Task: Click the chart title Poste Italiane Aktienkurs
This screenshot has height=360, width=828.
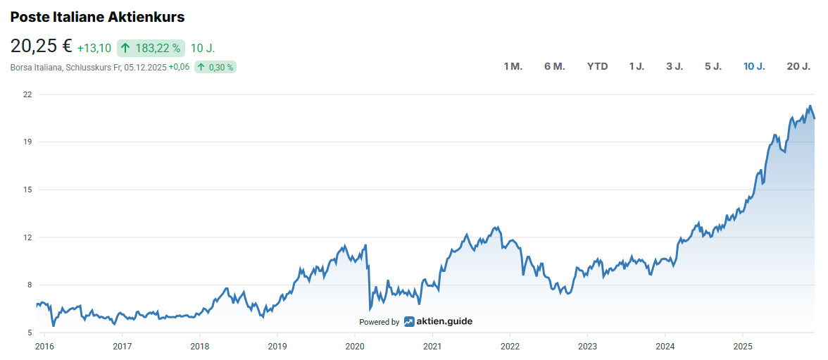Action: tap(97, 16)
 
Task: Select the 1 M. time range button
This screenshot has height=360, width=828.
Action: tap(513, 66)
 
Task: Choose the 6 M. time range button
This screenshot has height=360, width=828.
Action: tap(554, 66)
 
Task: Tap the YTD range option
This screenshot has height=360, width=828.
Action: tap(597, 66)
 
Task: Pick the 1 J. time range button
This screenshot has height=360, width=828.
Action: tap(636, 66)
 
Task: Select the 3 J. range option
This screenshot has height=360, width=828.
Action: tap(675, 66)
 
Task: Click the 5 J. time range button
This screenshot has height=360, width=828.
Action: tap(713, 66)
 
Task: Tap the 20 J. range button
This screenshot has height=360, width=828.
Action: tap(798, 66)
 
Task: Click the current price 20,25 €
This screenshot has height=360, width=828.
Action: tap(41, 46)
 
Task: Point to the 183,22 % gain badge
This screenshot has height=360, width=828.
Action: tap(151, 48)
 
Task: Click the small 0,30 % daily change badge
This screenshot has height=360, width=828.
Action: tap(215, 67)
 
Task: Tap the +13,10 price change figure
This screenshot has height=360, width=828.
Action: tap(94, 48)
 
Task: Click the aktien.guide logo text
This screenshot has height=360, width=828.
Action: tap(444, 321)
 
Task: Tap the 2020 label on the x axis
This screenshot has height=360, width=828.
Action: tap(355, 346)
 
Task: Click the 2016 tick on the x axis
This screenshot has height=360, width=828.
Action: tap(44, 346)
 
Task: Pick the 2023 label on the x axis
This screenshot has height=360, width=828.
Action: tap(587, 346)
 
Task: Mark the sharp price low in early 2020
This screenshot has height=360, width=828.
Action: tap(370, 309)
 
